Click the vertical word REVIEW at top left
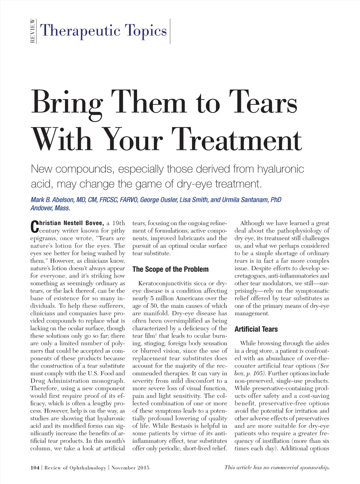pos(32,31)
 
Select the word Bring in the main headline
pos(67,103)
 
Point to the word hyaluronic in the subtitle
pos(280,169)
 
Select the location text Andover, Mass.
pos(50,208)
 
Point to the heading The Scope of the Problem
pos(171,269)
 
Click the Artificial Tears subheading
pos(256,329)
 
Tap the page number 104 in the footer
pos(35,467)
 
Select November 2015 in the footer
pos(130,467)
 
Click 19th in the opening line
pos(118,223)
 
